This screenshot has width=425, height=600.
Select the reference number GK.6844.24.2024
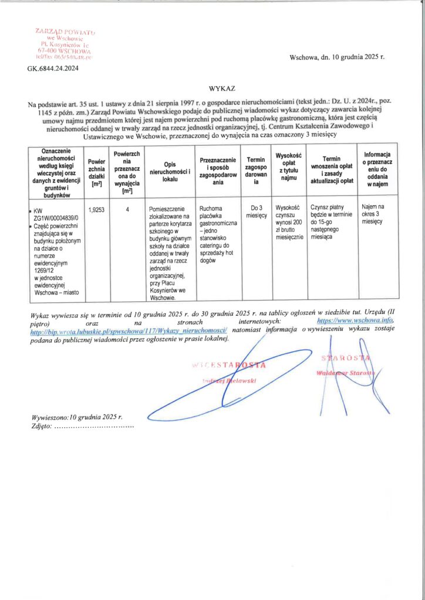click(x=53, y=69)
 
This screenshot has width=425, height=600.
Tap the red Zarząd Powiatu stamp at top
click(x=65, y=44)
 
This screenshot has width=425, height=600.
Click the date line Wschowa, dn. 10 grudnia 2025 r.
click(x=336, y=57)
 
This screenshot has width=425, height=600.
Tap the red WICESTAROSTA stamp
click(x=229, y=366)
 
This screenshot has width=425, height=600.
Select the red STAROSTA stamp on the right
click(x=345, y=358)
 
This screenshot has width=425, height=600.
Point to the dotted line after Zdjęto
click(x=94, y=427)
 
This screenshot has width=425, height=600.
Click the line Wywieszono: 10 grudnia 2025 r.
click(x=77, y=417)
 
